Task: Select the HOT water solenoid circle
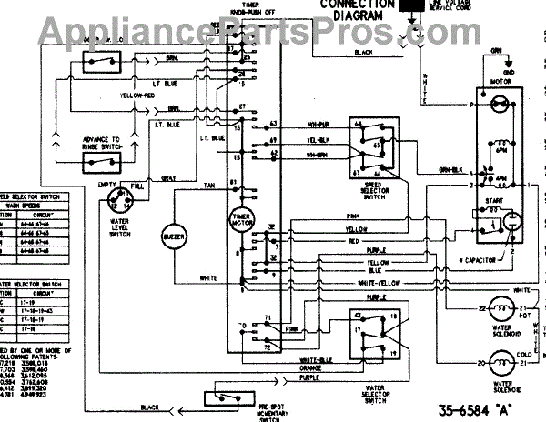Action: click(x=501, y=312)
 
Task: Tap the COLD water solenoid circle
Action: click(x=501, y=365)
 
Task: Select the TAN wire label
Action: click(x=208, y=184)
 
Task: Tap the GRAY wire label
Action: click(x=169, y=177)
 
